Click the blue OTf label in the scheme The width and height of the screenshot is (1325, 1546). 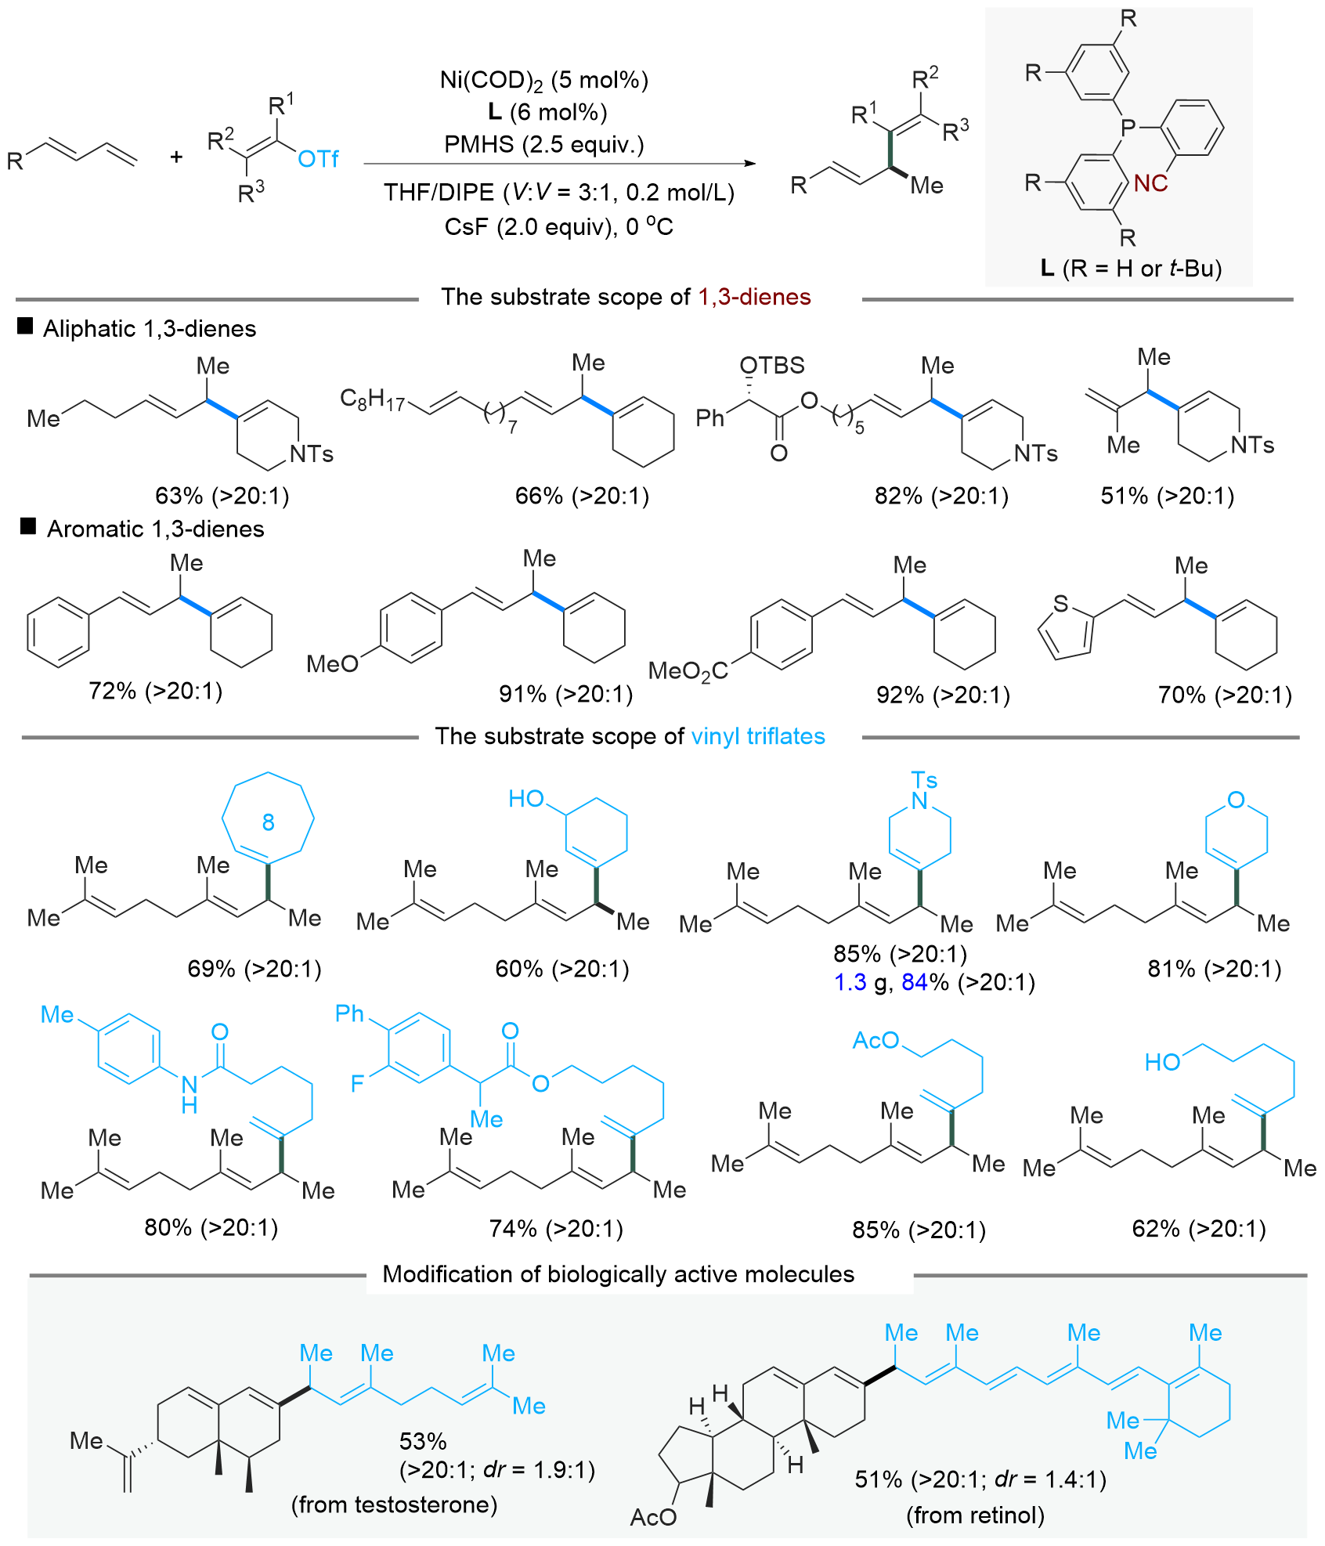[x=318, y=159]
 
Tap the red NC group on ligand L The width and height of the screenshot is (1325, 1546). [x=1150, y=183]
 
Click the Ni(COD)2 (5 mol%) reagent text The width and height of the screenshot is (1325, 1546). [x=544, y=80]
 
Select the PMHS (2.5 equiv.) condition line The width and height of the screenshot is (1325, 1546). [x=543, y=145]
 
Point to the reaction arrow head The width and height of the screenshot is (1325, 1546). [x=749, y=164]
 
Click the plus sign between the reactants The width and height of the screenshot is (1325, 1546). [x=176, y=157]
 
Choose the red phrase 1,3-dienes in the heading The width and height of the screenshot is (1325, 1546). [x=754, y=297]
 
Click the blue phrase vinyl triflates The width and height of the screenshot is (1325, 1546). [x=758, y=736]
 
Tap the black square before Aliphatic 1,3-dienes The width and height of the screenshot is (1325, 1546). [x=25, y=327]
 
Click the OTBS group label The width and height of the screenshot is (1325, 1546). [x=772, y=365]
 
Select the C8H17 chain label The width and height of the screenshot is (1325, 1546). [x=372, y=400]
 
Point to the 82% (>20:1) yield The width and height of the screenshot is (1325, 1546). [x=941, y=496]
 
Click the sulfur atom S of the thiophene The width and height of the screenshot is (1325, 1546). [x=1060, y=603]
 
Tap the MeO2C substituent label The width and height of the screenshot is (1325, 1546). [x=688, y=671]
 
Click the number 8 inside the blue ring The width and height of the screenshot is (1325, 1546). [x=268, y=822]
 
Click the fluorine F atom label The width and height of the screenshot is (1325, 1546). [x=357, y=1084]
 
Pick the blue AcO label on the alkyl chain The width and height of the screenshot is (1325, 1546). [x=876, y=1040]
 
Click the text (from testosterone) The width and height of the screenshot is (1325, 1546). [x=394, y=1504]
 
